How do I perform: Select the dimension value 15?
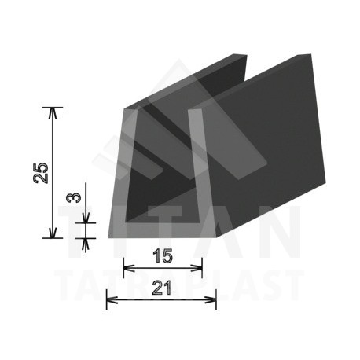(x=163, y=256)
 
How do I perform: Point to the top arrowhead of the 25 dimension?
(x=53, y=111)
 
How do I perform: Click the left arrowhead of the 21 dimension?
(x=111, y=299)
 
